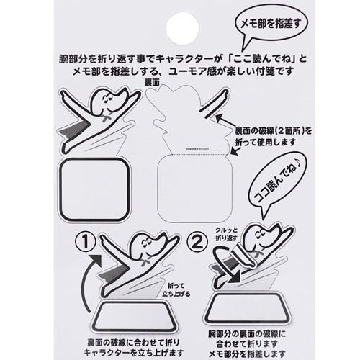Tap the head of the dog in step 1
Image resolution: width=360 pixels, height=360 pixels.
pyautogui.click(x=150, y=251)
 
